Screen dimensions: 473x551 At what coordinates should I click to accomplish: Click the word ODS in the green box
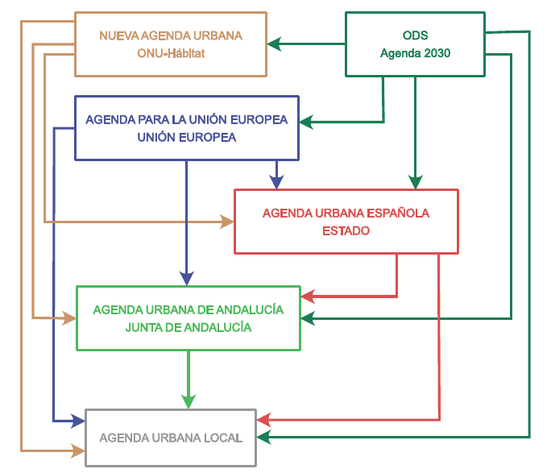[x=415, y=36]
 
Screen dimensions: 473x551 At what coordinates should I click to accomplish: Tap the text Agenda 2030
[x=415, y=53]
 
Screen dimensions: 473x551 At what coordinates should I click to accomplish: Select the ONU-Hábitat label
[x=171, y=53]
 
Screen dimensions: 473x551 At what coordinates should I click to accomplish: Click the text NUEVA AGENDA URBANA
[x=171, y=36]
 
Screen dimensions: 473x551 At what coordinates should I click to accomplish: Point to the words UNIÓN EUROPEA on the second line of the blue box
[x=186, y=137]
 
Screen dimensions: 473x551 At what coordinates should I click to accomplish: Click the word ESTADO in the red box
[x=346, y=230]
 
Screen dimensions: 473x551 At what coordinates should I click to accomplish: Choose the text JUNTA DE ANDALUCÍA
[x=188, y=327]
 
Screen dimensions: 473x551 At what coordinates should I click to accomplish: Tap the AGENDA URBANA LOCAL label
[x=171, y=438]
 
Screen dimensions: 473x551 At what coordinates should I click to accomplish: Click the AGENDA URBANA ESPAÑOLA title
[x=346, y=214]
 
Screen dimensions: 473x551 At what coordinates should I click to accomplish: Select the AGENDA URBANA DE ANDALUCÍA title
[x=188, y=309]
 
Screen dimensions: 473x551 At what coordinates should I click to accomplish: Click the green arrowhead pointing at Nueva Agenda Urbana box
[x=275, y=44]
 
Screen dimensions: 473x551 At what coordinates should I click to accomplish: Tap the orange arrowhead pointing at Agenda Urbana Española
[x=226, y=222]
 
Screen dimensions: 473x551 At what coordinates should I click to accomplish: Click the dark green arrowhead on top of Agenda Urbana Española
[x=415, y=182]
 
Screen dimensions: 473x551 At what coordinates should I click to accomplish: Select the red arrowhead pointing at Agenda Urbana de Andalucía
[x=309, y=297]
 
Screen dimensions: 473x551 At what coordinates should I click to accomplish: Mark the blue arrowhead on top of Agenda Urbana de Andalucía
[x=187, y=278]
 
